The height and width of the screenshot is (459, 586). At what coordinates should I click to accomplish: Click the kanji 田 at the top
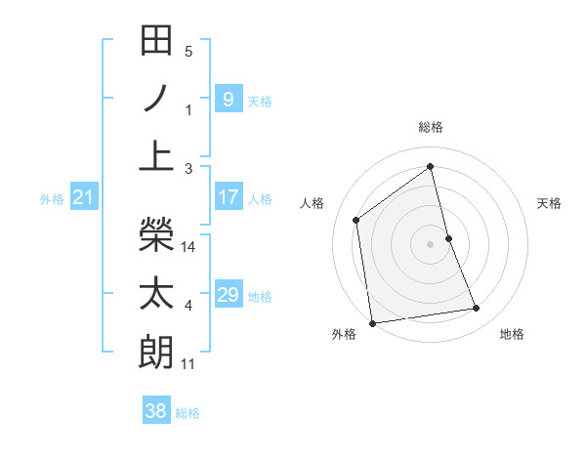(x=156, y=41)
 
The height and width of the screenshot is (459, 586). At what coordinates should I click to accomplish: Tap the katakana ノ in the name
(x=156, y=98)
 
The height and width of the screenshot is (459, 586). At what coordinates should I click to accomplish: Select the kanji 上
(x=156, y=154)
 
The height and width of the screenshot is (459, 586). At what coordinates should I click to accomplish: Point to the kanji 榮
(x=156, y=234)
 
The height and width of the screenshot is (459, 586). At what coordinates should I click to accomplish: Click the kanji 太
(x=156, y=292)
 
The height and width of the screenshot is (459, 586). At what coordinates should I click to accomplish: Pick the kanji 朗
(x=156, y=349)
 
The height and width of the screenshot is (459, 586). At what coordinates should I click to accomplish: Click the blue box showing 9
(x=228, y=99)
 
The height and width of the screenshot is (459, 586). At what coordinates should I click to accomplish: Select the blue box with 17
(x=228, y=197)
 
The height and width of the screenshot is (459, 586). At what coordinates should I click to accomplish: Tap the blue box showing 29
(x=228, y=295)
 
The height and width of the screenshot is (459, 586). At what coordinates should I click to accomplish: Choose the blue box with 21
(x=83, y=198)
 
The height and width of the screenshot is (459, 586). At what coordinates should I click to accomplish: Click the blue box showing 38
(x=155, y=411)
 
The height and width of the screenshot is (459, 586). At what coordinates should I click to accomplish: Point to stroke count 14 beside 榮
(x=189, y=248)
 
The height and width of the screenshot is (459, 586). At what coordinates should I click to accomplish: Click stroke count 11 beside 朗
(x=188, y=364)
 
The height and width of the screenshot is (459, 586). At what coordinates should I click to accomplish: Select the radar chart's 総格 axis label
(x=430, y=128)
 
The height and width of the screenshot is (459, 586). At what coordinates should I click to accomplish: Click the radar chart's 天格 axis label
(x=550, y=203)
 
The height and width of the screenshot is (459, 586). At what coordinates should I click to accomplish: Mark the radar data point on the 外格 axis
(x=372, y=322)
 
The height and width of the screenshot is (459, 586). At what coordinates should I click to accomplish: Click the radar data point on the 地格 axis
(x=477, y=309)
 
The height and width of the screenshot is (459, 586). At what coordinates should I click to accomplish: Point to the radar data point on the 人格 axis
(x=356, y=220)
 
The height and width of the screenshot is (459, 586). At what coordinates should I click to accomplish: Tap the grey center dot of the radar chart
(x=430, y=243)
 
